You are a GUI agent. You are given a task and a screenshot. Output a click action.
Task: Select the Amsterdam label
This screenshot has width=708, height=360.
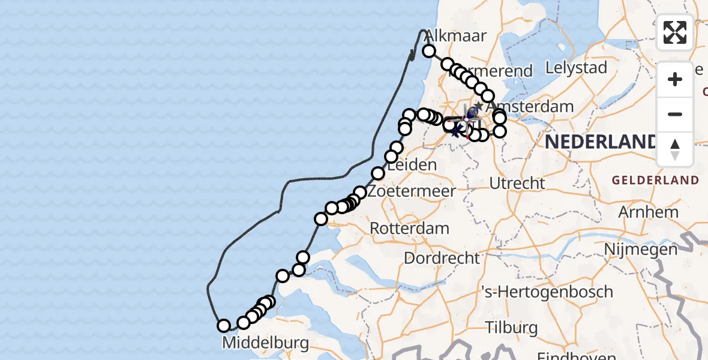[539, 107]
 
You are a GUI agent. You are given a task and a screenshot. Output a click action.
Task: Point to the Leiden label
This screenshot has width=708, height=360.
[412, 164]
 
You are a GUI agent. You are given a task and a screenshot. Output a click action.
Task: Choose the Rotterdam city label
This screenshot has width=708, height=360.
[410, 229]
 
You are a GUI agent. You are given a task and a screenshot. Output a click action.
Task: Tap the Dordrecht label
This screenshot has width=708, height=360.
[442, 259]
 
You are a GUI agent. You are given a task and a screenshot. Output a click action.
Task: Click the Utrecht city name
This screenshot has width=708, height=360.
[517, 183]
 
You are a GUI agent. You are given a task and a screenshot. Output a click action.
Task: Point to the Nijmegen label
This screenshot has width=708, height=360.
[641, 248]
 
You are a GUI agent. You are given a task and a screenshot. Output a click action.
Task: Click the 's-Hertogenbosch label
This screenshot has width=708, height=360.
[548, 292]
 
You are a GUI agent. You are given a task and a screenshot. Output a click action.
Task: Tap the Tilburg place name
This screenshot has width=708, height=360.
[512, 328]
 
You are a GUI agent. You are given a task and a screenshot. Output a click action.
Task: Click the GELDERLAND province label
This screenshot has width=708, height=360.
[655, 180]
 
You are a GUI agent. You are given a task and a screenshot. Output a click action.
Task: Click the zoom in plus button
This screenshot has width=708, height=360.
[675, 79]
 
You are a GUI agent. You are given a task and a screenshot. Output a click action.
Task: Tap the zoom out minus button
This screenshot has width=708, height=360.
[675, 114]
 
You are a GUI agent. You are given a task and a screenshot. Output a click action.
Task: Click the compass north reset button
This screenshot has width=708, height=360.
[675, 149]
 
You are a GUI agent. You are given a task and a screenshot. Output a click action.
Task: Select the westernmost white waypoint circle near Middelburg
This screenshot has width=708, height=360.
[224, 326]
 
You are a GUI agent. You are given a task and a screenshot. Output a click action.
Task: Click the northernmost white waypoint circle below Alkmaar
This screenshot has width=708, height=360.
[429, 51]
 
